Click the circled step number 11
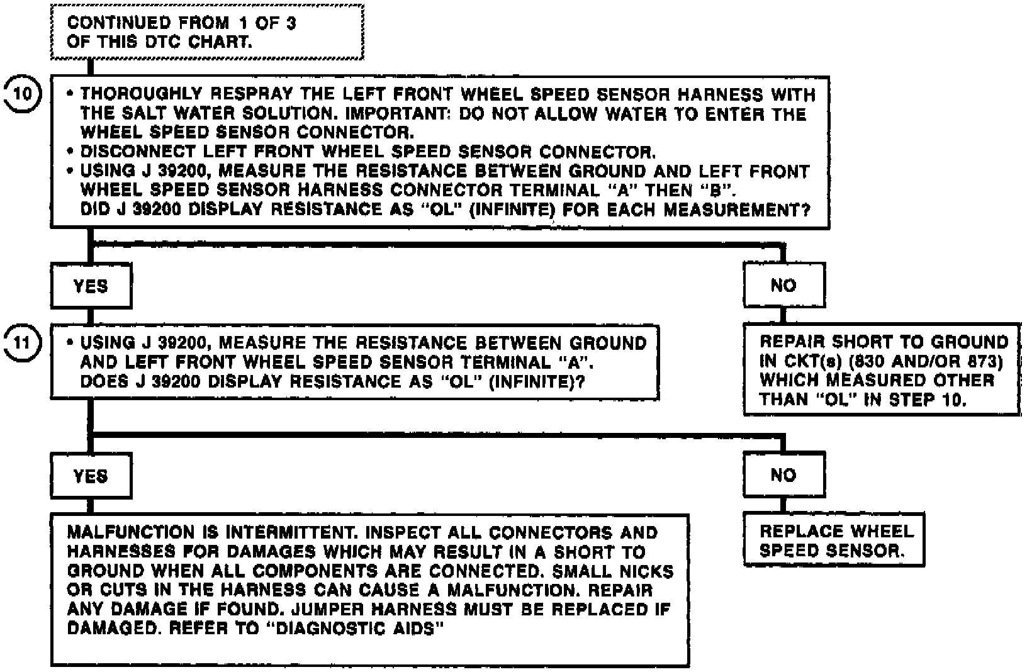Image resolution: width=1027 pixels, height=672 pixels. click(23, 343)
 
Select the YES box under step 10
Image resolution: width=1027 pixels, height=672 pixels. click(91, 286)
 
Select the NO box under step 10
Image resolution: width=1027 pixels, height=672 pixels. click(783, 286)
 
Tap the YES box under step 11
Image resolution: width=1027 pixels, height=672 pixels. click(91, 476)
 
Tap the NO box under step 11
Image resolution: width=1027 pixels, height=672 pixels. click(783, 474)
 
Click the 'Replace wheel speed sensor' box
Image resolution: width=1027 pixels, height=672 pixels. click(833, 540)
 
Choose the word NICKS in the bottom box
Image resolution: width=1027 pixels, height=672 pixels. click(648, 571)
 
